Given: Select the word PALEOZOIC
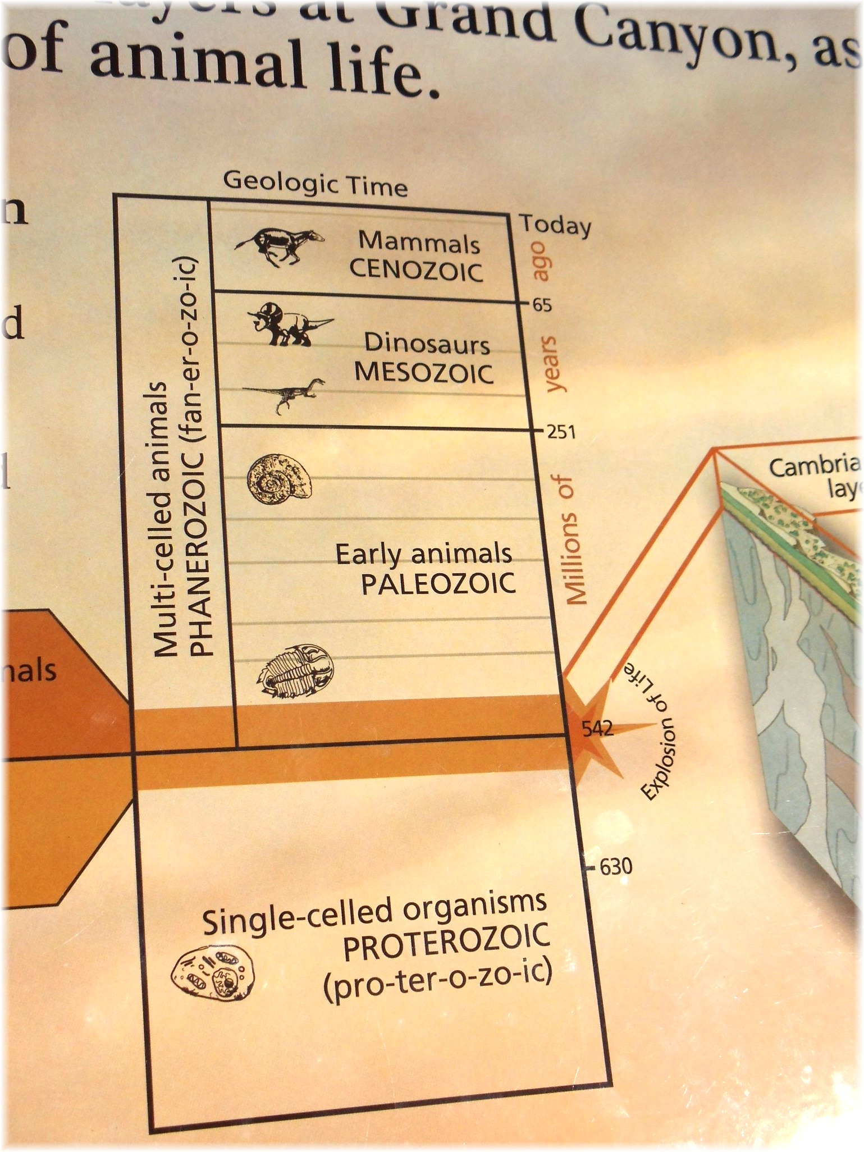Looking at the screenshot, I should pyautogui.click(x=438, y=584).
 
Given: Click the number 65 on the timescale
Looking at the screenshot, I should pyautogui.click(x=542, y=305).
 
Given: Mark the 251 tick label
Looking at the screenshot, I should pyautogui.click(x=559, y=433).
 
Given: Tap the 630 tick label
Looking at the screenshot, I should pyautogui.click(x=616, y=867).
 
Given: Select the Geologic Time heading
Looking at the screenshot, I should pyautogui.click(x=316, y=184).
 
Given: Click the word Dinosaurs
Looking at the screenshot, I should pyautogui.click(x=427, y=343).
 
